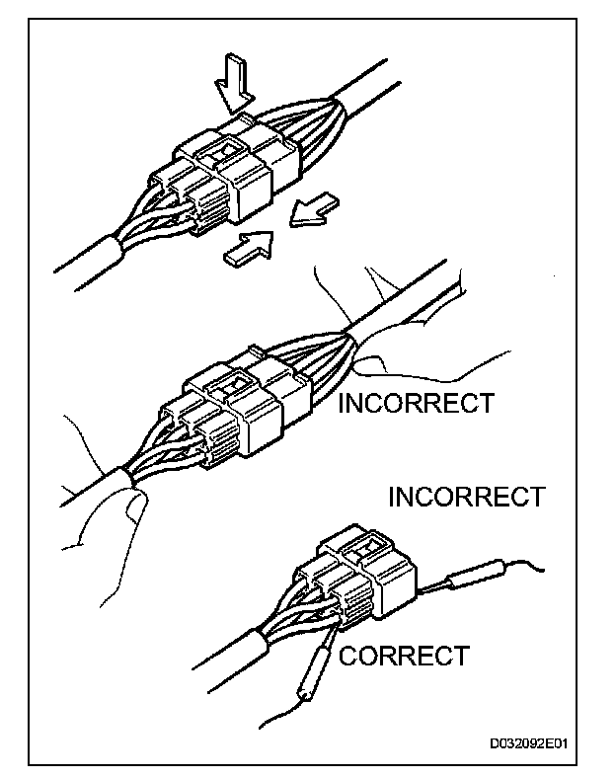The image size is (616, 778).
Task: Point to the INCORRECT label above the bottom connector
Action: point(466,496)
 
